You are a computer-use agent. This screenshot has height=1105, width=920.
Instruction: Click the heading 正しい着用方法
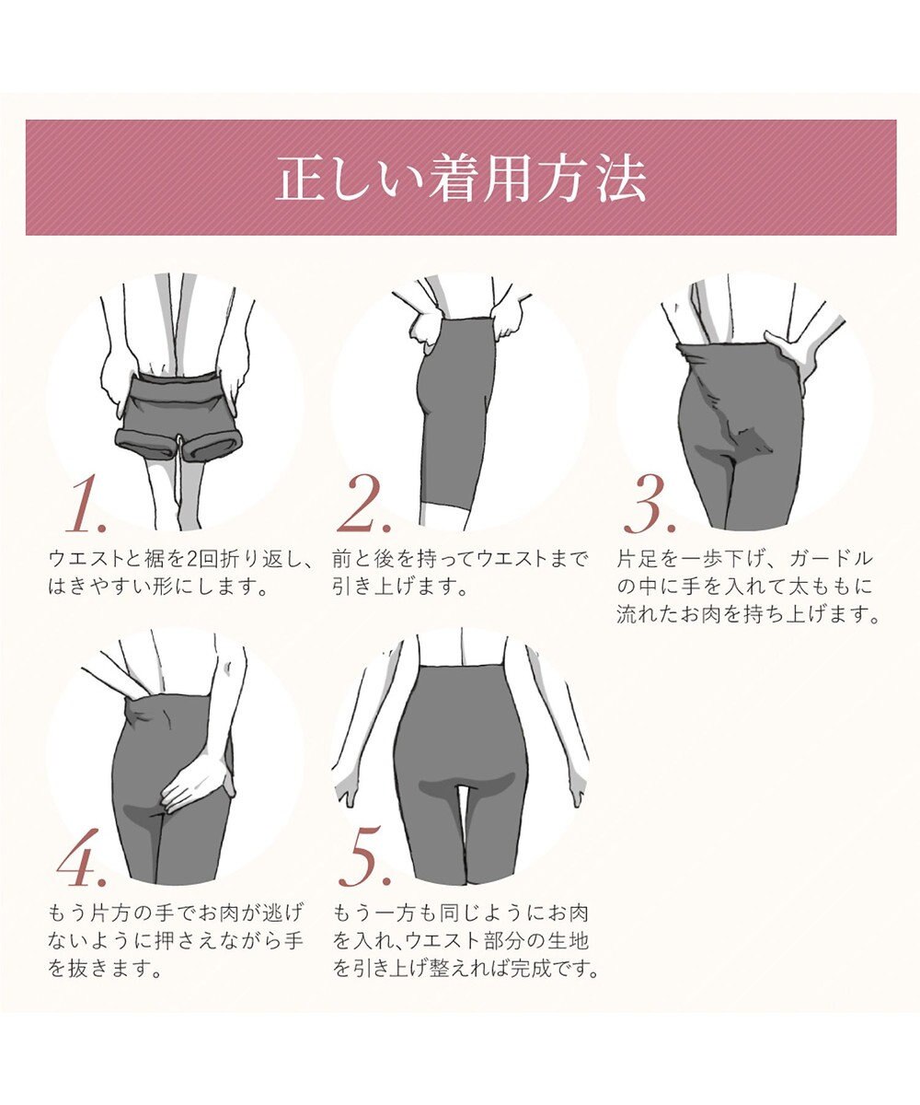(x=460, y=179)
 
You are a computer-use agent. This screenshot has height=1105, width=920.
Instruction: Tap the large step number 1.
(x=85, y=508)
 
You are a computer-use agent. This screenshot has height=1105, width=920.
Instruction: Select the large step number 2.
(x=365, y=508)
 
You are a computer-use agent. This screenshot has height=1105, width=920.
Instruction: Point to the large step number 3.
(x=650, y=508)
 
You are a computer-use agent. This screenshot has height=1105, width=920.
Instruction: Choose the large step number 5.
(x=365, y=863)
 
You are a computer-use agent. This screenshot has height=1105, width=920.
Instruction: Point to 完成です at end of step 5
(x=551, y=969)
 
